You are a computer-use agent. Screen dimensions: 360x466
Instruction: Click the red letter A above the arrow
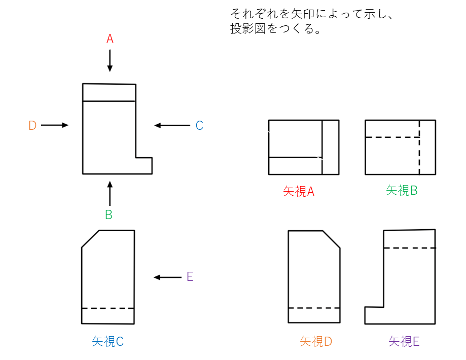110,39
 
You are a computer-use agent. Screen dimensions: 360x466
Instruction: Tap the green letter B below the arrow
109,214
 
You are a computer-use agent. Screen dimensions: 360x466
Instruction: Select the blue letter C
199,126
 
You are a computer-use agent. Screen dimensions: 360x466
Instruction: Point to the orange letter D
32,126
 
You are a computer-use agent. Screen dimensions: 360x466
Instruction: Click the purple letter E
190,277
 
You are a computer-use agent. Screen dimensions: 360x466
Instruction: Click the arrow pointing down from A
110,61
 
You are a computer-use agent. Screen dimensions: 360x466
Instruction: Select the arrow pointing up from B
110,193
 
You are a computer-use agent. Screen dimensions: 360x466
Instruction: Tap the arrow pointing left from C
172,125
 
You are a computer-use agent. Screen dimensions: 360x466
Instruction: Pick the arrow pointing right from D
54,125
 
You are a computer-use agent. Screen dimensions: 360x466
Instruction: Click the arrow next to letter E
167,277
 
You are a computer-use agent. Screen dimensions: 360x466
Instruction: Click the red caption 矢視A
299,192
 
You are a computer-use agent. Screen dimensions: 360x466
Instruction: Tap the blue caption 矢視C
107,342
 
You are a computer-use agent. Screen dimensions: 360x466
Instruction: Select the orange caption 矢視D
315,342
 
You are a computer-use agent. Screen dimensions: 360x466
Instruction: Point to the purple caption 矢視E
404,342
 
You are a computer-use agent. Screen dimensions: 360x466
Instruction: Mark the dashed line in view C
108,308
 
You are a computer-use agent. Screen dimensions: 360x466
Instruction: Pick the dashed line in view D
314,308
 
